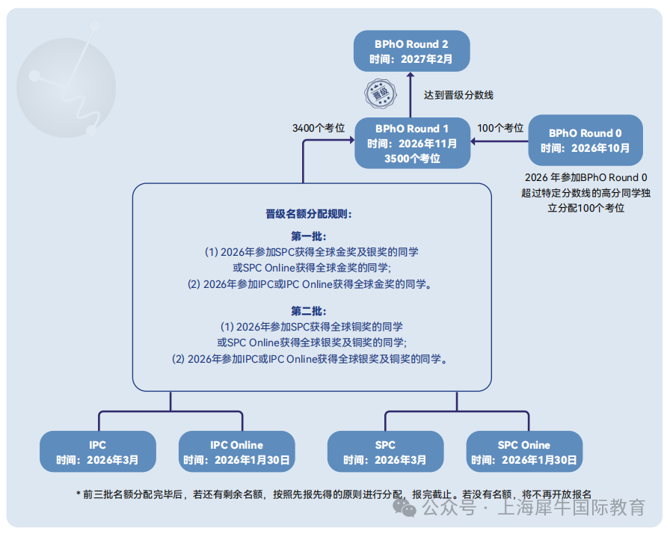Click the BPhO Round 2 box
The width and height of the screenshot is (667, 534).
coord(411,51)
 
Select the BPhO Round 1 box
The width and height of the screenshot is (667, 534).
coord(412,143)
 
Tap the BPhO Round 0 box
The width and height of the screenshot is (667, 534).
coord(585,140)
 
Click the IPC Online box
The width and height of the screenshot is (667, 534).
coord(236,452)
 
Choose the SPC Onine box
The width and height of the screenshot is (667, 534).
coord(524,452)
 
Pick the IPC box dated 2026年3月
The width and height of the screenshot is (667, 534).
coord(98,452)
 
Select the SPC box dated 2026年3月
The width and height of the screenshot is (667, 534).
coord(385,452)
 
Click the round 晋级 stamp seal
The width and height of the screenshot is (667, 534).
coord(381,93)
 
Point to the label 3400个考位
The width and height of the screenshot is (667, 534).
coord(319,128)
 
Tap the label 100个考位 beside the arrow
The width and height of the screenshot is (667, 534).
coord(500,128)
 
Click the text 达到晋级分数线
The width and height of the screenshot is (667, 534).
coord(458,95)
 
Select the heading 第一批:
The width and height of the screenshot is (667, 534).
coord(309,236)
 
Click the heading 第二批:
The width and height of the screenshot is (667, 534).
coord(309,311)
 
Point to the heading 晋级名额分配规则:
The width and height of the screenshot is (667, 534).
coord(309,214)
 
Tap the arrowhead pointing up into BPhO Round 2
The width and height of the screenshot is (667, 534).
coord(410,75)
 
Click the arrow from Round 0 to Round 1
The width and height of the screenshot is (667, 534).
coord(499,141)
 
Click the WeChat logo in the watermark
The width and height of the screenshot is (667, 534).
coord(404,508)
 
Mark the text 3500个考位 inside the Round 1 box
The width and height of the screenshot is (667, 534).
coord(412,159)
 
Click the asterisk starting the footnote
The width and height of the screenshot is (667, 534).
coord(79,494)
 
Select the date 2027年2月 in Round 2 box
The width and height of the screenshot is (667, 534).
coord(427,59)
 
